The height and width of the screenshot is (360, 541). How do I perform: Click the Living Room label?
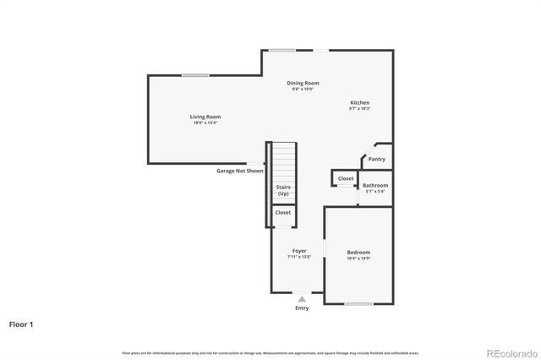tap(205, 117)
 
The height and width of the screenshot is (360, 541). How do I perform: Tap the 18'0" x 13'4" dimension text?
tap(205, 123)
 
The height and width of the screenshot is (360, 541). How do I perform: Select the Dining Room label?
tap(303, 83)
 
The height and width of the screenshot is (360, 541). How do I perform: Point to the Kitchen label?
tap(360, 102)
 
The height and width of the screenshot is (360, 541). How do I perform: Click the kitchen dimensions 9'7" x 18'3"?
tap(360, 109)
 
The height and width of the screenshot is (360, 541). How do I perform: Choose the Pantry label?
tap(377, 159)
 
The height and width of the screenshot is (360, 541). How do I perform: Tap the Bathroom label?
tap(375, 185)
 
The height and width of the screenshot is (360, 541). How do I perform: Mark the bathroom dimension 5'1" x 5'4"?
tap(375, 192)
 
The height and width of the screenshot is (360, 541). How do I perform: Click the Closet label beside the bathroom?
tap(346, 178)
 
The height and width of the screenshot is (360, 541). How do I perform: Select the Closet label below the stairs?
tap(283, 212)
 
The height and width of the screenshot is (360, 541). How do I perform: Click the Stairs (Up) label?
tap(284, 190)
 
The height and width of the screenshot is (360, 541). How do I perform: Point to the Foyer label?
tap(299, 251)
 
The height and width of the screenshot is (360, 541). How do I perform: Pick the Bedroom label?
tap(358, 253)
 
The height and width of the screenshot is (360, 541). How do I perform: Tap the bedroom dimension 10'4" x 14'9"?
tap(358, 259)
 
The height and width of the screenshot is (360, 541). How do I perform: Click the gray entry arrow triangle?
tap(302, 298)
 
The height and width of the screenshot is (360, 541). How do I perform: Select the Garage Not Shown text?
tap(240, 171)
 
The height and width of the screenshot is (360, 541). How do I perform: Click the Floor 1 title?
tap(22, 323)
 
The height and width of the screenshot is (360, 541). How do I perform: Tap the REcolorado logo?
tap(510, 352)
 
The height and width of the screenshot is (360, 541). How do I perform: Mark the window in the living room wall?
tap(195, 76)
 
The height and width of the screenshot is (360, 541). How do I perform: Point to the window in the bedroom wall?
tap(358, 303)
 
